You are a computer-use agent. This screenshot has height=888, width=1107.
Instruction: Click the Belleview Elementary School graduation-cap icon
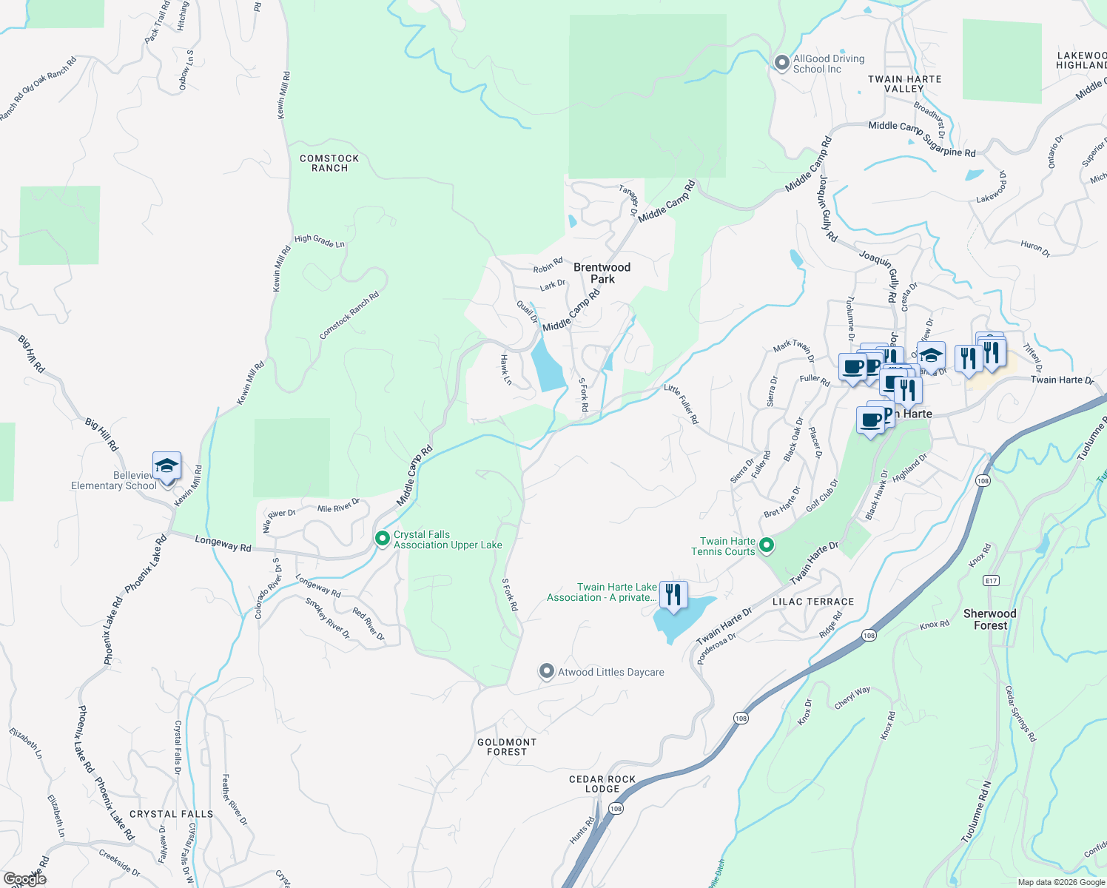pos(166,466)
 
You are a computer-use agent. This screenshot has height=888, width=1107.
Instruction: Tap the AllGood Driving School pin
pos(781,63)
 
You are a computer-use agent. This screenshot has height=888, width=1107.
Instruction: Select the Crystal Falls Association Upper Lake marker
pos(383,539)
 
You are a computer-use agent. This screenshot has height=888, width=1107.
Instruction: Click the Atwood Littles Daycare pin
pos(546,671)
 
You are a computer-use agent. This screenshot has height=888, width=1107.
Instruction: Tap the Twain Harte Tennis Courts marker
pos(767,546)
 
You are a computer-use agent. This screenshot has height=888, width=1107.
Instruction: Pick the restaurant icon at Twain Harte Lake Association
pos(673,595)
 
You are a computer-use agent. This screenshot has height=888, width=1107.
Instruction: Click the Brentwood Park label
pos(602,273)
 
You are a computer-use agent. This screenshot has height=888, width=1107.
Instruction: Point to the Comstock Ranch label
pos(329,164)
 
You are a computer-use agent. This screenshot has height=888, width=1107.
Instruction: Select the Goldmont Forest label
pos(507,747)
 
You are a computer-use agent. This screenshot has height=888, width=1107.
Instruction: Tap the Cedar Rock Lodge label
pos(602,784)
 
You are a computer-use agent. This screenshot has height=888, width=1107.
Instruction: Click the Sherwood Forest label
pos(990,619)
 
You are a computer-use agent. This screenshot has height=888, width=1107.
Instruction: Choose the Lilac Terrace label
pos(813,602)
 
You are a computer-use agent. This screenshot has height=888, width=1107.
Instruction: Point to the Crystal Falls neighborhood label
pos(172,814)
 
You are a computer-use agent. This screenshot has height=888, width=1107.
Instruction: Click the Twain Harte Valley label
pos(904,84)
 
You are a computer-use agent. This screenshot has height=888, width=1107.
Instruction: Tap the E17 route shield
pos(992,581)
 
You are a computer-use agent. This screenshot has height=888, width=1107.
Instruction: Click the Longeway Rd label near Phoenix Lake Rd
pos(223,544)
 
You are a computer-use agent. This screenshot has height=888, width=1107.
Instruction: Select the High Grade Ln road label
pos(319,240)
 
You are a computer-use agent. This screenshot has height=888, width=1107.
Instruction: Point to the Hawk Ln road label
pos(506,370)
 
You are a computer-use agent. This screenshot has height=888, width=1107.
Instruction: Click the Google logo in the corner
pos(24,879)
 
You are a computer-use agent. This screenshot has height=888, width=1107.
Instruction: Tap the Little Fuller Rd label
pos(681,403)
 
